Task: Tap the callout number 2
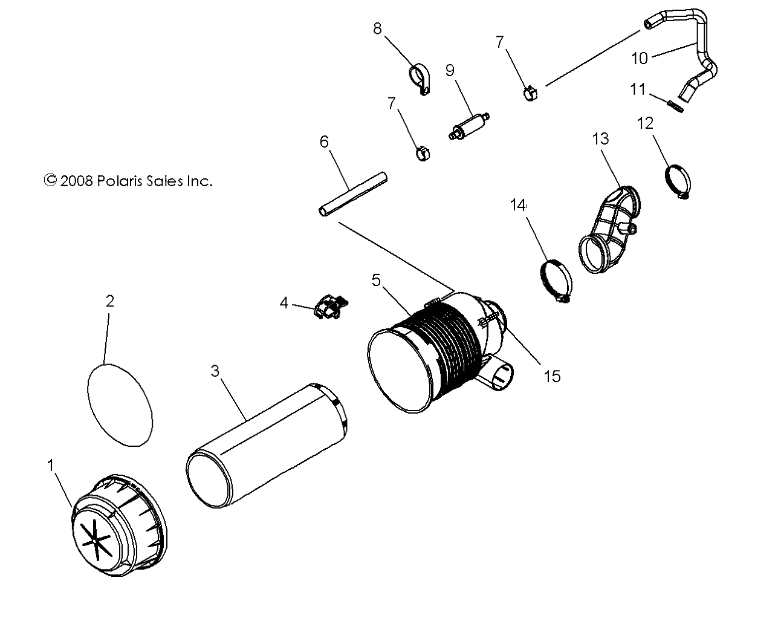pyautogui.click(x=109, y=301)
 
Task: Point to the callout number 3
pyautogui.click(x=215, y=371)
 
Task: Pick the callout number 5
pyautogui.click(x=376, y=280)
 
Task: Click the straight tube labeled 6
pyautogui.click(x=353, y=193)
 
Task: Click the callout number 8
pyautogui.click(x=377, y=28)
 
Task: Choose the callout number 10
pyautogui.click(x=639, y=58)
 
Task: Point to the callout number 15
pyautogui.click(x=552, y=376)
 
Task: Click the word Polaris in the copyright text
pyautogui.click(x=120, y=181)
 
